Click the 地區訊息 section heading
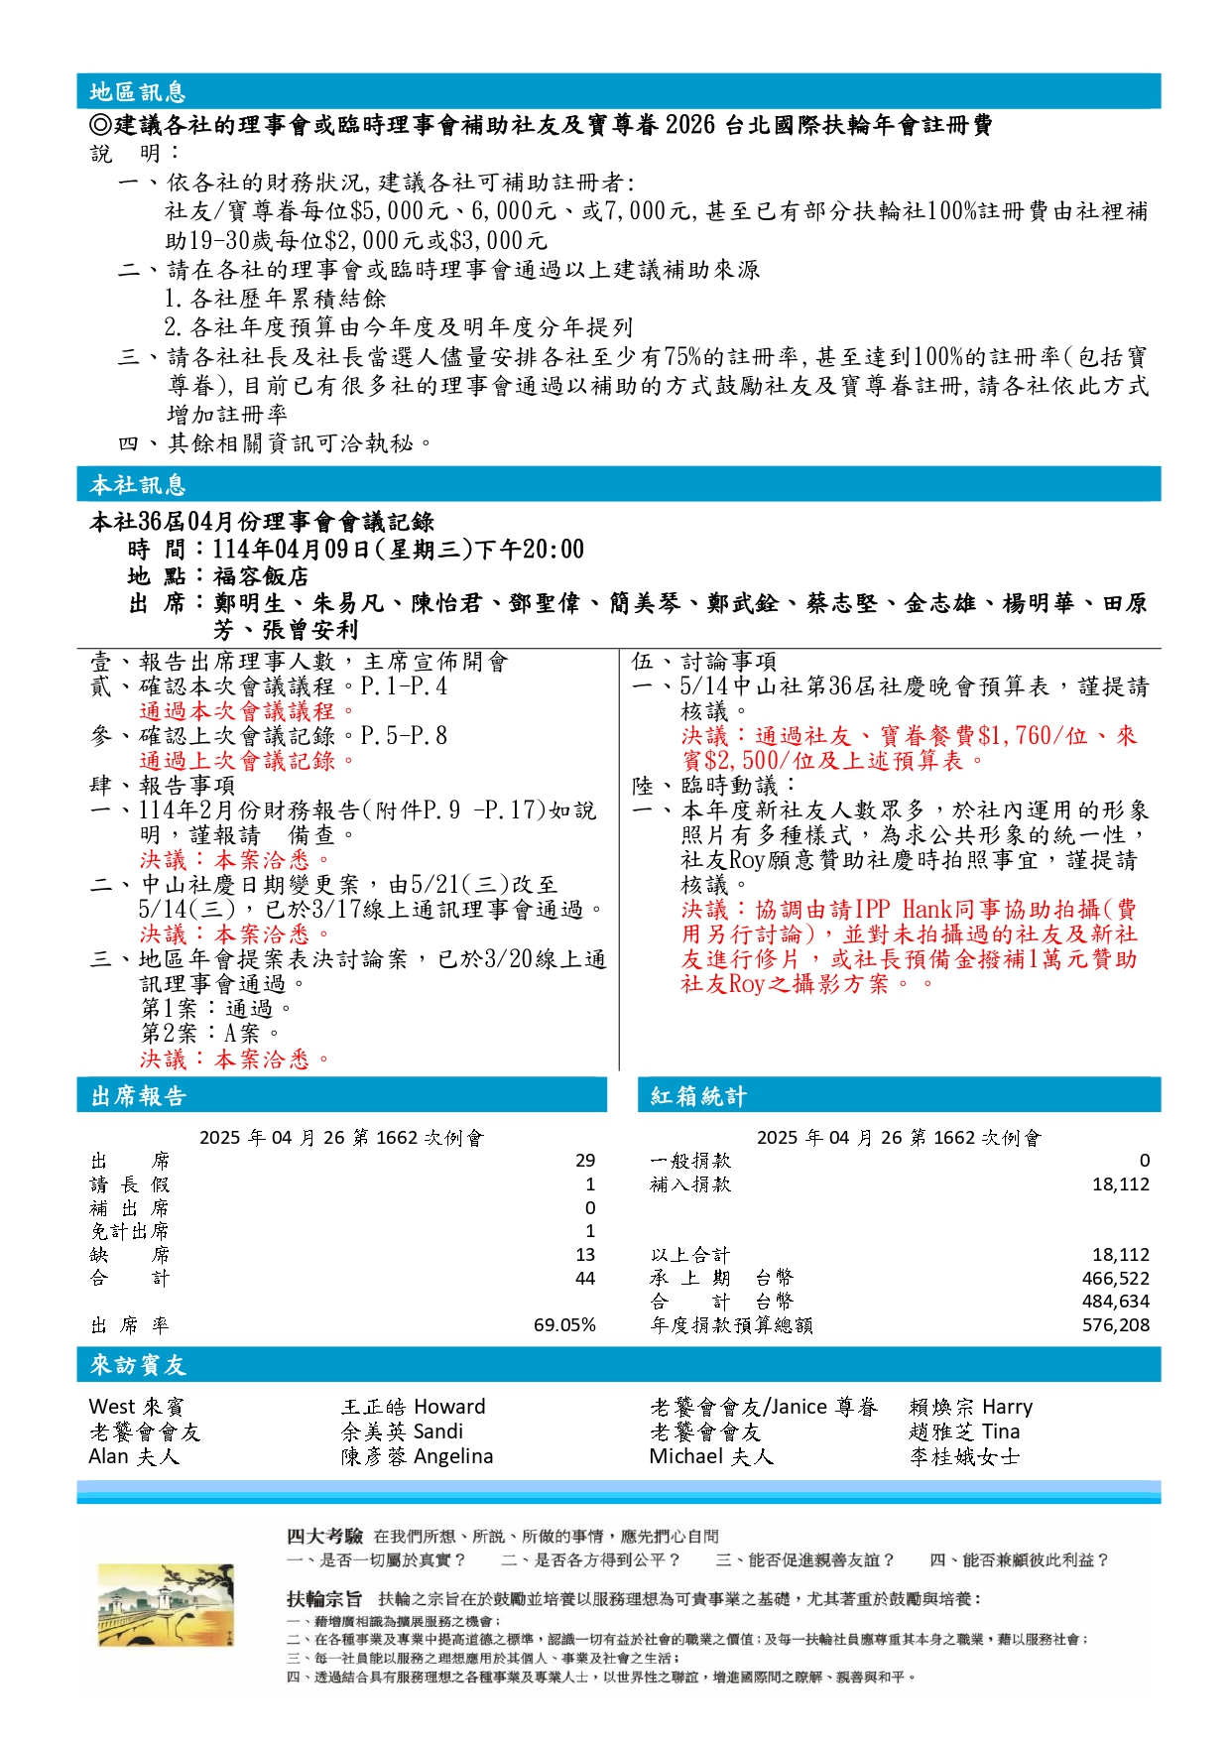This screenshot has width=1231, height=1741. coord(138,92)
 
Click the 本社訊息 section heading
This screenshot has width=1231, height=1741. coord(138,485)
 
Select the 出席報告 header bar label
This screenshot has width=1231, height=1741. coord(138,1096)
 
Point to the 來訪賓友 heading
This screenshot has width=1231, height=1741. coord(138,1365)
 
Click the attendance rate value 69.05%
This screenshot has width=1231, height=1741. coord(564,1325)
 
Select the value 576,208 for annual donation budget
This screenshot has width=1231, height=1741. coord(1115,1325)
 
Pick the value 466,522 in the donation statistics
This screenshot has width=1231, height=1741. coord(1115,1279)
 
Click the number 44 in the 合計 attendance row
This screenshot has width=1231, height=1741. coord(585,1279)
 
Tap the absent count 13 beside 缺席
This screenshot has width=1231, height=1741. coord(585,1255)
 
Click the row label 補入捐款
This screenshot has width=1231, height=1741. coord(690,1184)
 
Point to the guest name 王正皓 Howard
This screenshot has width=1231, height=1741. coord(414,1407)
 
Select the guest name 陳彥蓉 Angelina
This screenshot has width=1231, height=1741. coord(417,1456)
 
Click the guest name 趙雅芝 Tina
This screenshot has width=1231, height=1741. coord(964,1431)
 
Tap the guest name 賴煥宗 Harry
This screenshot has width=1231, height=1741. coord(970,1407)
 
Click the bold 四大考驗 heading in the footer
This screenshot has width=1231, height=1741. coord(324,1537)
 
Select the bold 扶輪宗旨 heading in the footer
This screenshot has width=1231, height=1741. coord(324,1599)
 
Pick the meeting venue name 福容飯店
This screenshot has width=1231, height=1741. coord(260,576)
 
